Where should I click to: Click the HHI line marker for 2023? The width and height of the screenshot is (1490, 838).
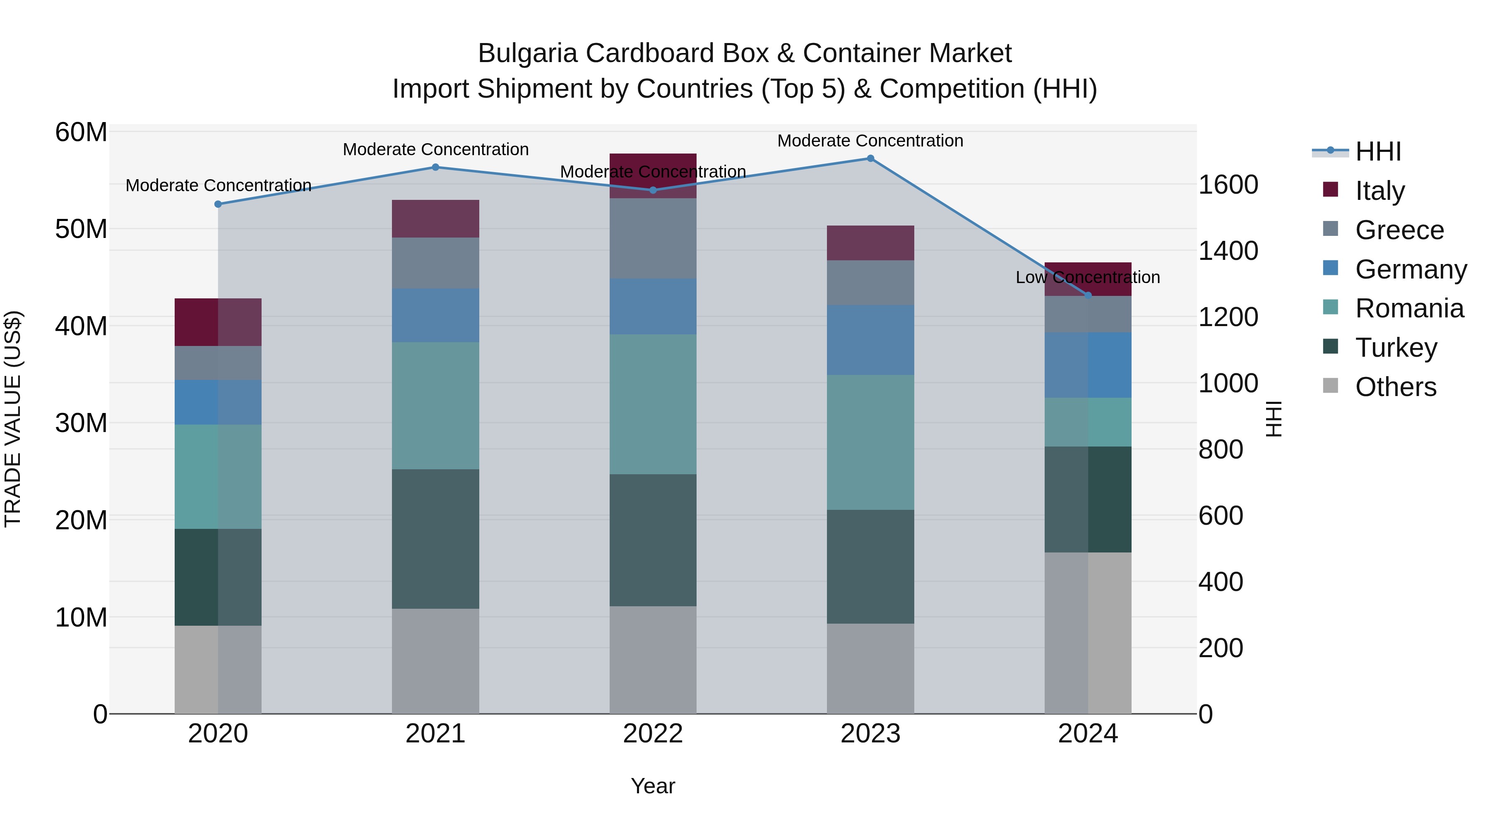[x=870, y=158]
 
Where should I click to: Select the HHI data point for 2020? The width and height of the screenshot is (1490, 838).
[x=218, y=204]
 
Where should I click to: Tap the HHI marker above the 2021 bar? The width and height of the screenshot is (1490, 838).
[x=435, y=167]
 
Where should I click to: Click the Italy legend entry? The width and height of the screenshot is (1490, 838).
[x=1379, y=191]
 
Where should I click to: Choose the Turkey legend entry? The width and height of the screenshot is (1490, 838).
[x=1395, y=348]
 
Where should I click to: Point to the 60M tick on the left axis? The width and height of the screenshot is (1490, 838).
[x=81, y=132]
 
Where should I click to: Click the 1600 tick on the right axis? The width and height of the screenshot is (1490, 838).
[x=1228, y=185]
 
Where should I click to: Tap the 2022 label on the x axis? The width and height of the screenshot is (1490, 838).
[x=653, y=734]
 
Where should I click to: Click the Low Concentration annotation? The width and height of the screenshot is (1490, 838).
[x=1087, y=278]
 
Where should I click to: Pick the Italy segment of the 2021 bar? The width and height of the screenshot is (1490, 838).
[x=435, y=219]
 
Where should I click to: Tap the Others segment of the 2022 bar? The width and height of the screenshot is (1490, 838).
[x=653, y=659]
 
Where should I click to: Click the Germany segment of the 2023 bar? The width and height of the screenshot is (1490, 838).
[x=870, y=340]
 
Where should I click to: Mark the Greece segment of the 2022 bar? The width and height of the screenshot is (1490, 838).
[x=653, y=238]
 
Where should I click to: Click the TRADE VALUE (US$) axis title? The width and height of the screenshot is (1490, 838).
[x=13, y=419]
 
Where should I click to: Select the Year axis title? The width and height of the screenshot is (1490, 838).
[x=653, y=786]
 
